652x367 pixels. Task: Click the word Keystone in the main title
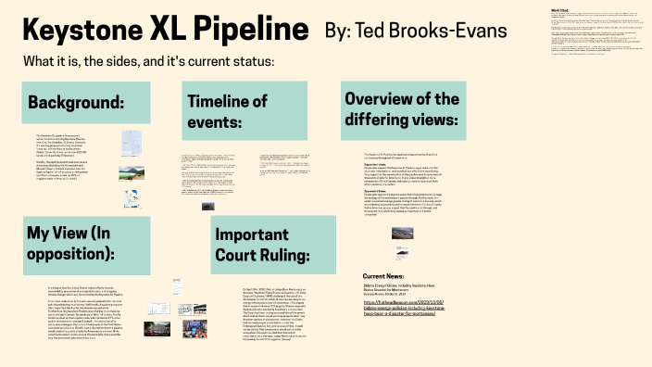click(81, 32)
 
